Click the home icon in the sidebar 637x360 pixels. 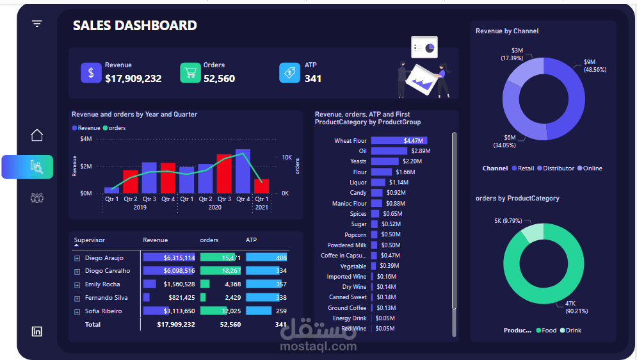(x=37, y=135)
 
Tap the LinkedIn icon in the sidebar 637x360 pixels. (x=37, y=331)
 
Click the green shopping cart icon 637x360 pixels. (x=190, y=73)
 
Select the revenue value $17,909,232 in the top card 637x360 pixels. (x=133, y=78)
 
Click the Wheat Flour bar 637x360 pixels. (x=399, y=140)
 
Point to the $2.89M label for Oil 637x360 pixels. (x=421, y=151)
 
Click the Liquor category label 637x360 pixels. (x=358, y=183)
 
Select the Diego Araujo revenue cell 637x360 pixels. (x=169, y=258)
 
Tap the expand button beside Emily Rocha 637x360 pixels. (x=77, y=285)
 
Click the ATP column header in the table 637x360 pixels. (x=251, y=240)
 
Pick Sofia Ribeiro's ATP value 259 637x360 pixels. (x=281, y=311)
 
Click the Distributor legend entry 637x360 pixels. (x=556, y=168)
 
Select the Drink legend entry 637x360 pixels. (x=571, y=331)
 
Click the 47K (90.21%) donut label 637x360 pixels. (x=576, y=307)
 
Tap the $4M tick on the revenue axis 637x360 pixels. (x=86, y=139)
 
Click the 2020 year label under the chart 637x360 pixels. (x=215, y=207)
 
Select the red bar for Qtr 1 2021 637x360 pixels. (x=262, y=186)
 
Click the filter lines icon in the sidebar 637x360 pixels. (x=37, y=24)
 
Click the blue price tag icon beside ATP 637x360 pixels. (x=289, y=73)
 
